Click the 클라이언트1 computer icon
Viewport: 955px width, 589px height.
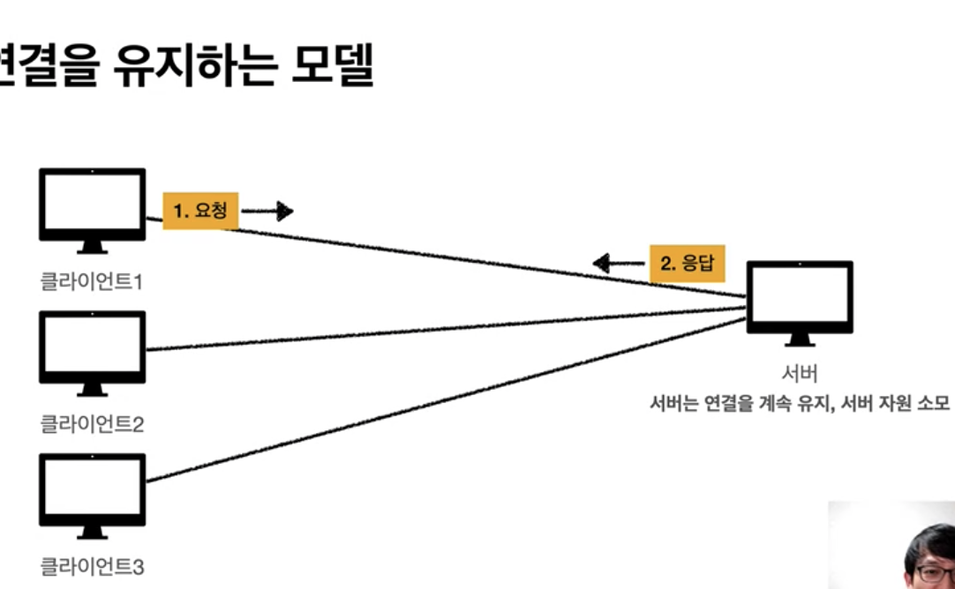pyautogui.click(x=92, y=205)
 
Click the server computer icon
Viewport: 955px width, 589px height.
pyautogui.click(x=800, y=298)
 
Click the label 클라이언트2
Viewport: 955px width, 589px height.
pyautogui.click(x=92, y=424)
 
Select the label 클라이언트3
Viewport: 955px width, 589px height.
pyautogui.click(x=92, y=566)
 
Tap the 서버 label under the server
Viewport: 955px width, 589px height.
pyautogui.click(x=799, y=372)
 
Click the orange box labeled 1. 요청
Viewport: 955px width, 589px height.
pyautogui.click(x=200, y=211)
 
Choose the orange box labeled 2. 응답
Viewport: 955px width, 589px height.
pyautogui.click(x=688, y=263)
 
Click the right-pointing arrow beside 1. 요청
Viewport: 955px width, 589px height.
pyautogui.click(x=267, y=211)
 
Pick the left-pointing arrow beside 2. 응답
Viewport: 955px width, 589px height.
pyautogui.click(x=618, y=263)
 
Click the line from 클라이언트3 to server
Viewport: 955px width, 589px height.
pyautogui.click(x=441, y=401)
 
